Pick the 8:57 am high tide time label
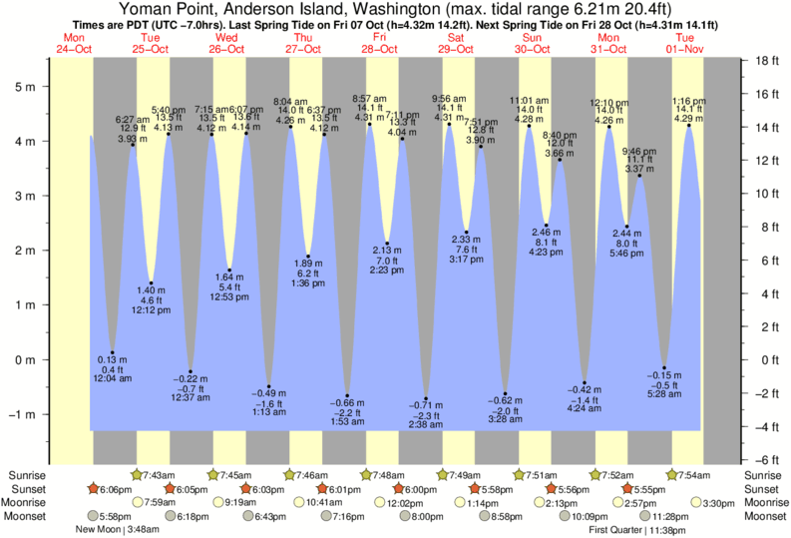pyautogui.click(x=369, y=99)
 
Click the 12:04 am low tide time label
pyautogui.click(x=112, y=378)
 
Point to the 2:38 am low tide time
pyautogui.click(x=426, y=424)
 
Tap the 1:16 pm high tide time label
pyautogui.click(x=688, y=101)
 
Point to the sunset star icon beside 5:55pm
pyautogui.click(x=627, y=489)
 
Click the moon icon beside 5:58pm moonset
pyautogui.click(x=94, y=516)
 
